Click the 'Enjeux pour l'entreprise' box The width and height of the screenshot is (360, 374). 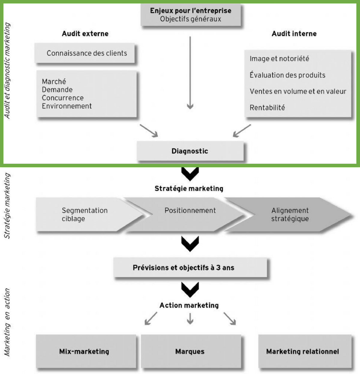[191, 15]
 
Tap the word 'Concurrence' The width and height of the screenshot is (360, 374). [63, 98]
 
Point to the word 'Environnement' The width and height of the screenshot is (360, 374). [67, 106]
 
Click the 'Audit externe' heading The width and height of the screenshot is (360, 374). [85, 34]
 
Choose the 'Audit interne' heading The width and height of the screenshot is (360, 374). [294, 34]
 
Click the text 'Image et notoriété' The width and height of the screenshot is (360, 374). [279, 59]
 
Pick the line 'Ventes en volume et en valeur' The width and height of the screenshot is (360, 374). [298, 91]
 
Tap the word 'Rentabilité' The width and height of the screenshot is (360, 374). [267, 107]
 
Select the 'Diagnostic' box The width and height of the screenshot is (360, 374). [190, 151]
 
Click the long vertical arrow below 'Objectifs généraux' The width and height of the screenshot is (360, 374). [190, 72]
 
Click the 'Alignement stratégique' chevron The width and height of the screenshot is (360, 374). [290, 214]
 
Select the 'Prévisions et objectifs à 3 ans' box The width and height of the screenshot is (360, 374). [190, 267]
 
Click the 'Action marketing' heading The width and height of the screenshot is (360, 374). [189, 305]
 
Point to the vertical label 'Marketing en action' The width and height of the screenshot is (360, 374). [7, 323]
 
